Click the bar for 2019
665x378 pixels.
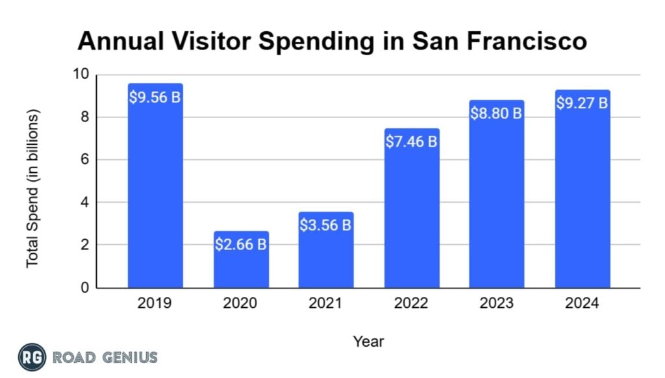point(155,195)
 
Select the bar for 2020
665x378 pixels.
point(241,266)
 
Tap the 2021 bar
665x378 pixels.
point(326,257)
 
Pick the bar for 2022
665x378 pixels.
point(412,214)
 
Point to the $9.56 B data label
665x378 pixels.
point(155,98)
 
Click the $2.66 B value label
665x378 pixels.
point(241,245)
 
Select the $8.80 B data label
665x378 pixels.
point(497,114)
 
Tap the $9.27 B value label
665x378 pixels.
point(583,103)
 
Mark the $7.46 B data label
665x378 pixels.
point(412,142)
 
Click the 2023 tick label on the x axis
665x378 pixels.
point(497,303)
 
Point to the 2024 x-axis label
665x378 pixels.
point(583,303)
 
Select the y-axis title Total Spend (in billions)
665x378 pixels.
point(32,188)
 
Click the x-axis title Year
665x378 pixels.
point(368,341)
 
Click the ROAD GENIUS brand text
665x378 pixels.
point(105,357)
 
